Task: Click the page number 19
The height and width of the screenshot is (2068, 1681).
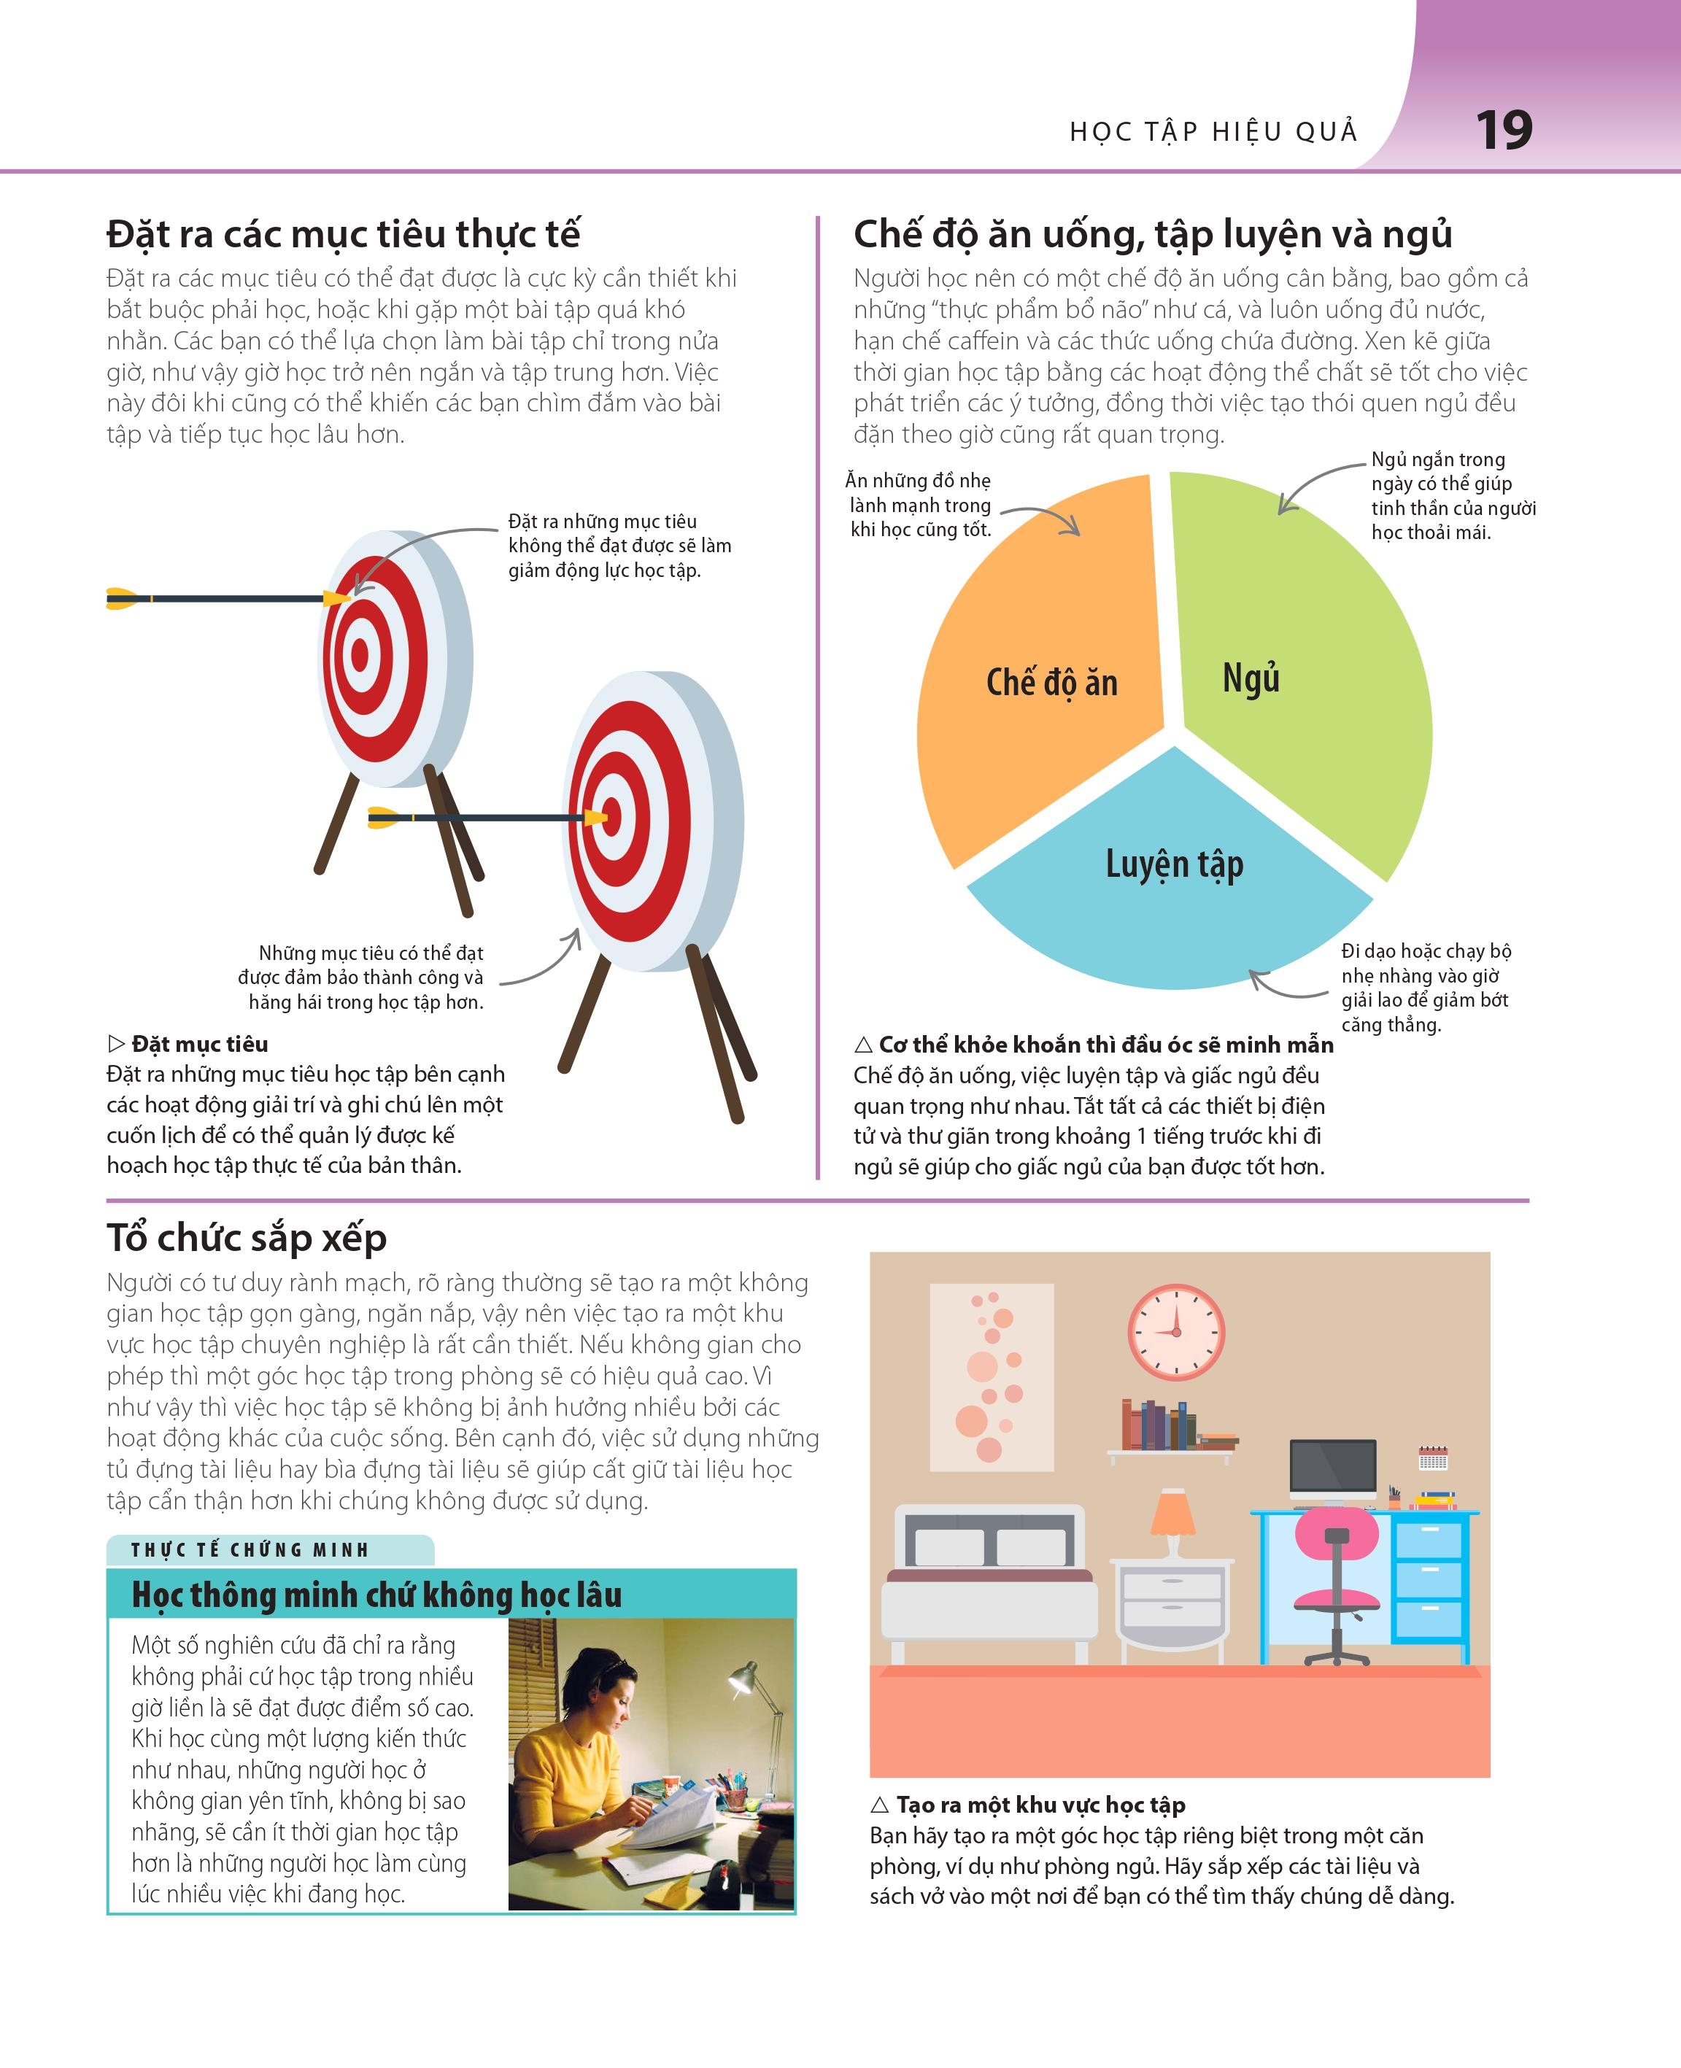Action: click(x=1504, y=130)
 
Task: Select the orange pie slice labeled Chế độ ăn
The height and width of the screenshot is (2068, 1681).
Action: click(x=1041, y=678)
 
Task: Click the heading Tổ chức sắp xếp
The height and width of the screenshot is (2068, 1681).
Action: click(x=247, y=1239)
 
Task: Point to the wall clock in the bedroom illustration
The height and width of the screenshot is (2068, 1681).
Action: click(x=1177, y=1332)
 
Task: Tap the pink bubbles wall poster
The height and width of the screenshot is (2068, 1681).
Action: click(x=992, y=1376)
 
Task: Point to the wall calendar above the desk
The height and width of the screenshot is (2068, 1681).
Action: click(x=1432, y=1458)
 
